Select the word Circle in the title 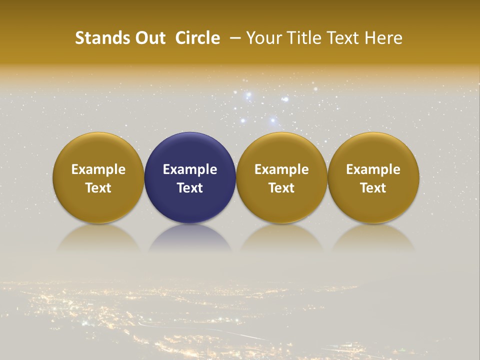(197, 38)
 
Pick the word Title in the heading (306, 38)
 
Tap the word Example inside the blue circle (190, 169)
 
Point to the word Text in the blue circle (190, 188)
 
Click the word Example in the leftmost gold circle (98, 169)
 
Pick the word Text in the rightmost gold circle (373, 188)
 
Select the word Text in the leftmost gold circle (98, 188)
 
